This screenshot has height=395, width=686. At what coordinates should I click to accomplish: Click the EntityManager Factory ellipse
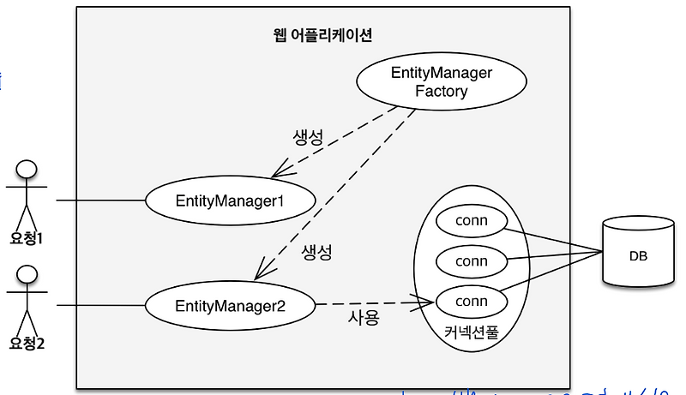click(441, 82)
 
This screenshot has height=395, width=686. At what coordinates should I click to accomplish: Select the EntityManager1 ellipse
click(229, 200)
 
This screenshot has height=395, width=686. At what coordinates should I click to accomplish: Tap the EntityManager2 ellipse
click(229, 304)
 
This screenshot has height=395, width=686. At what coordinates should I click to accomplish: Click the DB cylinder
click(637, 254)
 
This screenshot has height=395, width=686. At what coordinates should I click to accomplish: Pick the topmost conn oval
click(471, 221)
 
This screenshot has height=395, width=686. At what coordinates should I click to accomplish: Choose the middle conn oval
click(471, 260)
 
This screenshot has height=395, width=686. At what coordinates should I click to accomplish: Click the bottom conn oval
click(471, 301)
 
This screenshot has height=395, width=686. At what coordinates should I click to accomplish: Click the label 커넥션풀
click(471, 332)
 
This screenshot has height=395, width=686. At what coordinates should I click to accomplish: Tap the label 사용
click(363, 317)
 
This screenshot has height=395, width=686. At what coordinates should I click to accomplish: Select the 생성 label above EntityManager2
click(316, 253)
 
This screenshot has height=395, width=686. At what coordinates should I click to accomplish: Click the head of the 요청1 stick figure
click(27, 168)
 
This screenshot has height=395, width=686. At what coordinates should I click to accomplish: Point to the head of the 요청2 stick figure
click(27, 274)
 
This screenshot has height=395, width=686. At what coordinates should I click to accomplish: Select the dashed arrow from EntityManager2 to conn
click(373, 302)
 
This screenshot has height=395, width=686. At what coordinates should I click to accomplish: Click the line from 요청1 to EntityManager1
click(100, 200)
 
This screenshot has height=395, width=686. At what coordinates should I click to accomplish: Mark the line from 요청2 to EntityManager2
click(100, 304)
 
